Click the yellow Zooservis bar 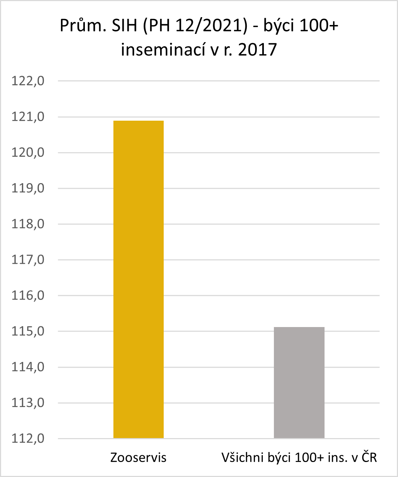click(138, 279)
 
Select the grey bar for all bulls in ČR click(299, 382)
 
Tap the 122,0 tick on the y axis click(28, 81)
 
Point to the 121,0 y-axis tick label click(28, 117)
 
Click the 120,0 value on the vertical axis click(28, 152)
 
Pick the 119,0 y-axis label click(28, 188)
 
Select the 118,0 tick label click(28, 224)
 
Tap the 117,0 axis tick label click(28, 260)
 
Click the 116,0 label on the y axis click(28, 296)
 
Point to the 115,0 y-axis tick click(28, 331)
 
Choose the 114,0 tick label click(28, 367)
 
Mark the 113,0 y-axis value click(28, 403)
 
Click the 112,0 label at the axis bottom click(28, 438)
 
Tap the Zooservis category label click(138, 458)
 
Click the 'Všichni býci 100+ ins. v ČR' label click(299, 458)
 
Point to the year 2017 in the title click(257, 50)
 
